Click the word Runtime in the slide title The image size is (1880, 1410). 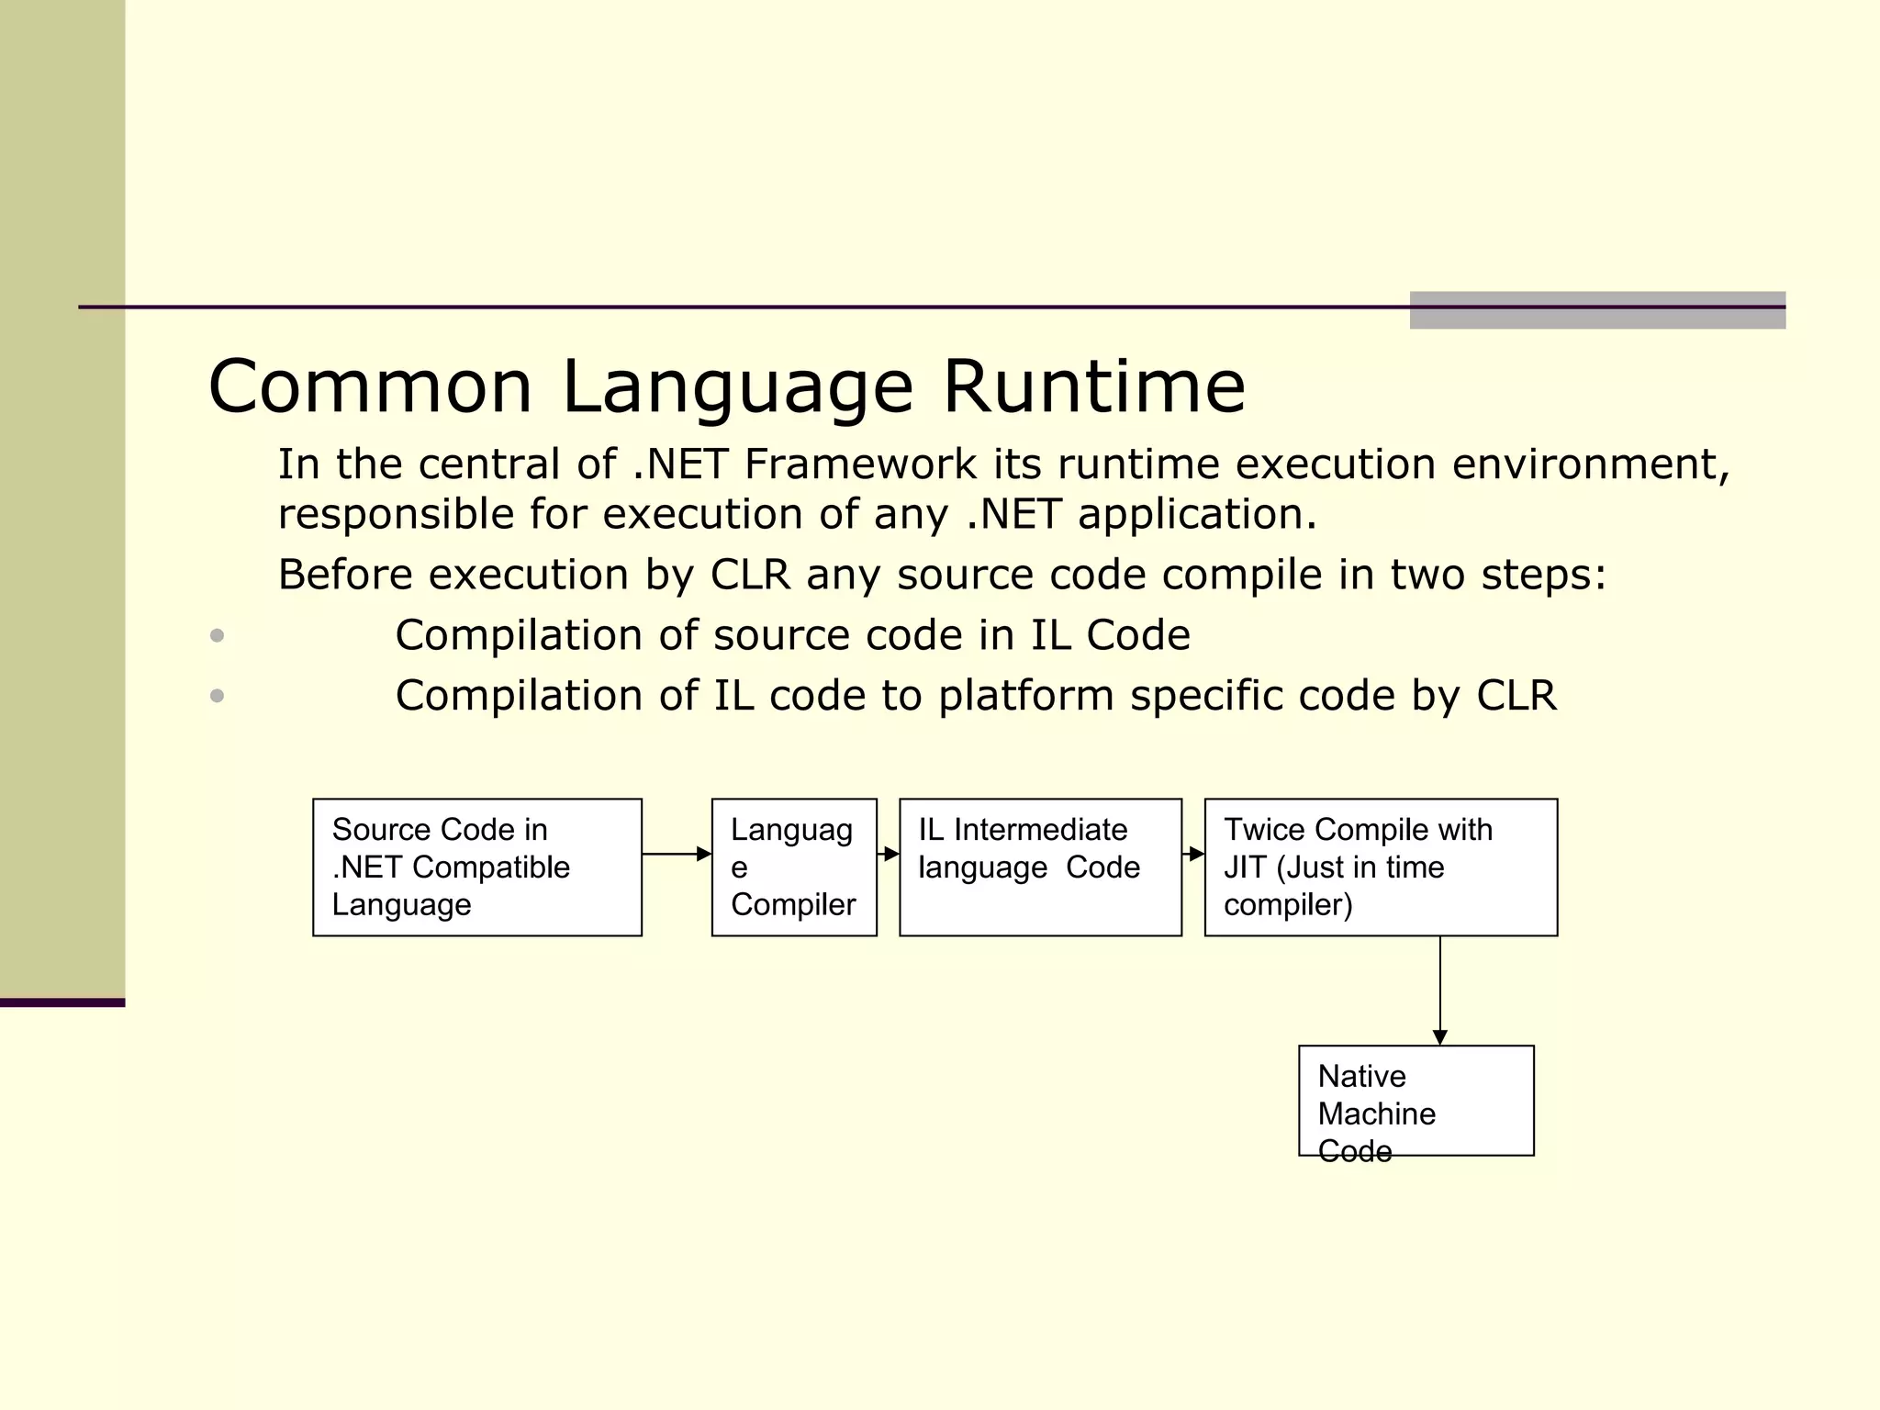(x=1094, y=386)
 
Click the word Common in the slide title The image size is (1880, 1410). (x=370, y=386)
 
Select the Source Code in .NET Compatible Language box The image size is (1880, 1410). (x=476, y=867)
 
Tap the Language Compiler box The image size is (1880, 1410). (x=794, y=867)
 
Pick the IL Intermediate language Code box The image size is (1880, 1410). (x=1040, y=867)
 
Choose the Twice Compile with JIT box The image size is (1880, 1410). (x=1380, y=867)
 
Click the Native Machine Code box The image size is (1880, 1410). (x=1416, y=1100)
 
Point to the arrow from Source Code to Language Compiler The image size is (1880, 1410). (x=677, y=854)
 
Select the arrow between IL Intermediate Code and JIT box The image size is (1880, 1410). (x=1193, y=854)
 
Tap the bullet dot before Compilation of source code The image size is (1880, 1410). (x=217, y=635)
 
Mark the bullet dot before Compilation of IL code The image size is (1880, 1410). (x=217, y=696)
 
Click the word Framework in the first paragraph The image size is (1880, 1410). (x=860, y=464)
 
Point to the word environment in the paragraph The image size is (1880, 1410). (x=1591, y=464)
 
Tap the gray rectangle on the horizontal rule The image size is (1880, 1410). (x=1597, y=310)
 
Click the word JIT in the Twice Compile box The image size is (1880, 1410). (x=1245, y=867)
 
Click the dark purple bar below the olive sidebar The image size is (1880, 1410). (x=62, y=1002)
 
